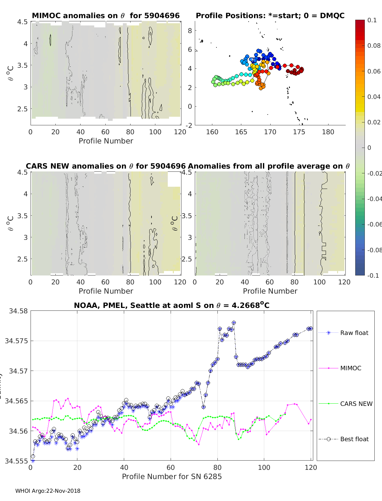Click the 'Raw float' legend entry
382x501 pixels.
pyautogui.click(x=354, y=333)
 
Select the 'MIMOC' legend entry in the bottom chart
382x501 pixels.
pyautogui.click(x=350, y=368)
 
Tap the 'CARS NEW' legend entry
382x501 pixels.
pyautogui.click(x=356, y=404)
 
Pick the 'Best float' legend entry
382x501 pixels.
pyautogui.click(x=354, y=439)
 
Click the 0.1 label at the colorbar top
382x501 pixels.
pyautogui.click(x=372, y=20)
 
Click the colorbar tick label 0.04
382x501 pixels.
pyautogui.click(x=374, y=97)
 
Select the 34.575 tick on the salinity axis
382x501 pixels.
pyautogui.click(x=16, y=341)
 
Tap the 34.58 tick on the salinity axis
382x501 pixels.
pyautogui.click(x=18, y=311)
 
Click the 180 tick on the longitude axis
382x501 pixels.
pyautogui.click(x=328, y=132)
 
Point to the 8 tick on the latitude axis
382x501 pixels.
pyautogui.click(x=190, y=31)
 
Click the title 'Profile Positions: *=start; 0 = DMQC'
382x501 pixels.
pyautogui.click(x=270, y=16)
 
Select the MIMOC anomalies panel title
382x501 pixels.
pyautogui.click(x=106, y=16)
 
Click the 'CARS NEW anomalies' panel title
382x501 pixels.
pyautogui.click(x=106, y=166)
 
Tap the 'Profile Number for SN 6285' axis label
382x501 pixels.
pyautogui.click(x=172, y=477)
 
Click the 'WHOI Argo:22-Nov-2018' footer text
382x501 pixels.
pyautogui.click(x=48, y=491)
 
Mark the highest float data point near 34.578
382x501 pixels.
pyautogui.click(x=234, y=323)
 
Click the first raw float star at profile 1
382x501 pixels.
pyautogui.click(x=33, y=461)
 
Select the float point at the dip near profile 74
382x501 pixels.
pyautogui.click(x=203, y=407)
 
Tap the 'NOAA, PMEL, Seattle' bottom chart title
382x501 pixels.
pyautogui.click(x=172, y=305)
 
